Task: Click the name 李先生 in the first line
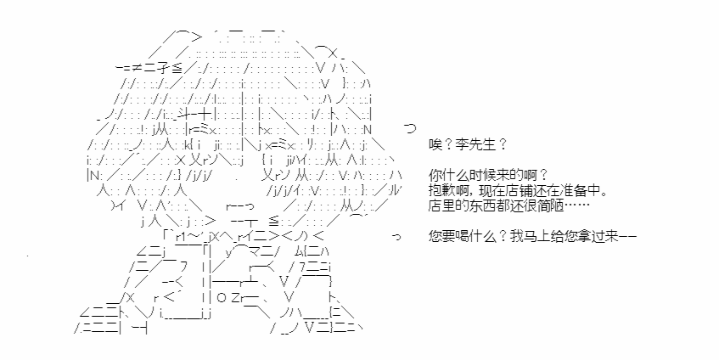pyautogui.click(x=477, y=145)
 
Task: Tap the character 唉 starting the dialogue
pyautogui.click(x=435, y=145)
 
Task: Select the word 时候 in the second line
pyautogui.click(x=477, y=175)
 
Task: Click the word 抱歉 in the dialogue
pyautogui.click(x=441, y=190)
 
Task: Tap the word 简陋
pyautogui.click(x=548, y=205)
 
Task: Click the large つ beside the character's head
pyautogui.click(x=409, y=128)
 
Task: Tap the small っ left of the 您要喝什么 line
pyautogui.click(x=396, y=237)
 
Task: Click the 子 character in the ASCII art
pyautogui.click(x=163, y=68)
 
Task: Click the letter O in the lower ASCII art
pyautogui.click(x=222, y=298)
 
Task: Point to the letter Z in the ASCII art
pyautogui.click(x=236, y=298)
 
